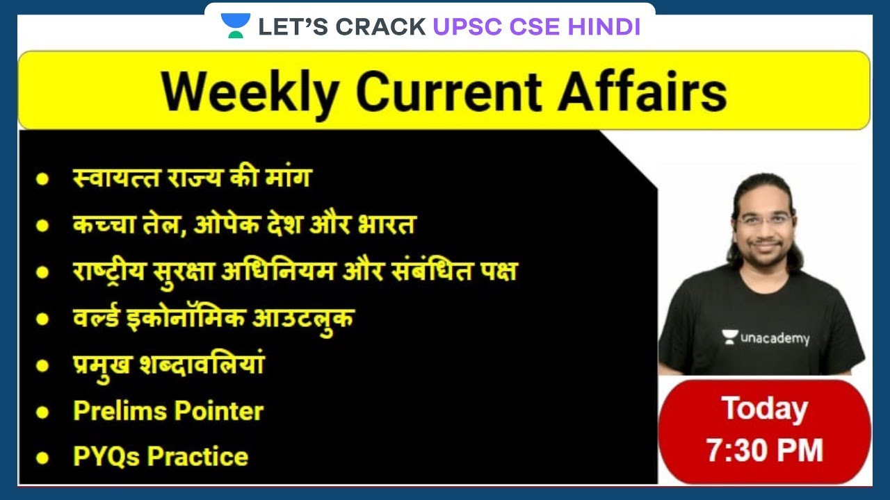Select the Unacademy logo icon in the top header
(x=235, y=26)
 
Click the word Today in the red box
(x=764, y=408)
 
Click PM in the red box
(x=799, y=450)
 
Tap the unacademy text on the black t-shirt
(x=774, y=338)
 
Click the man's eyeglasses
(x=765, y=222)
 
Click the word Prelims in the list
(x=118, y=410)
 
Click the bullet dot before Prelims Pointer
(x=43, y=412)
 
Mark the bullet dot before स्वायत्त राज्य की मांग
(x=43, y=178)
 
